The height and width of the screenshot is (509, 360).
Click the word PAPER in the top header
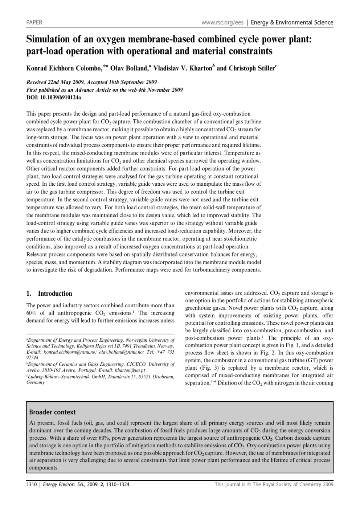[34, 22]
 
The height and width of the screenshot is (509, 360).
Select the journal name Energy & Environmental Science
[292, 22]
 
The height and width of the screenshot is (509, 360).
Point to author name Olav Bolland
[129, 68]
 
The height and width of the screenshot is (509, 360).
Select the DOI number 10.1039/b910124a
[60, 98]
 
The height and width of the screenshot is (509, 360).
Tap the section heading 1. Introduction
[49, 294]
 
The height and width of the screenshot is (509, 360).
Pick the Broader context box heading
[52, 412]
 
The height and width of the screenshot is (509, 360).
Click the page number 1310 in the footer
[32, 484]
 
